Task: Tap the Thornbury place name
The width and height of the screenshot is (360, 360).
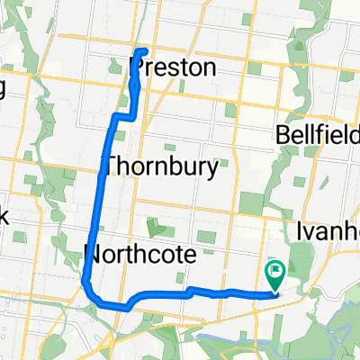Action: [x=162, y=166]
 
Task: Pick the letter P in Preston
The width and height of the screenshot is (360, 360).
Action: [x=138, y=67]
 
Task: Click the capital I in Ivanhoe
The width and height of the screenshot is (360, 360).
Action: [x=301, y=227]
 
